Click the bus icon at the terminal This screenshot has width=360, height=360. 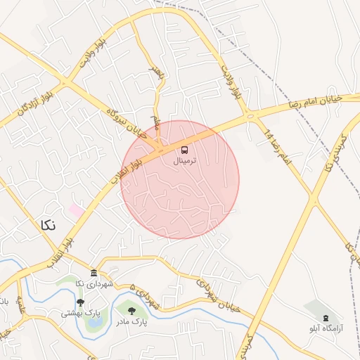coord(185,150)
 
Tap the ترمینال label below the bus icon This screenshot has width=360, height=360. coord(185,161)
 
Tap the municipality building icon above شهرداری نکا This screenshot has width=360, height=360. coord(94,273)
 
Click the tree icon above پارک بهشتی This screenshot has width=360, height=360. coord(81,302)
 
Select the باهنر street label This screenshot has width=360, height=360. coord(156,76)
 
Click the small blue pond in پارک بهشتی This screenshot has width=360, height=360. coord(94,323)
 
